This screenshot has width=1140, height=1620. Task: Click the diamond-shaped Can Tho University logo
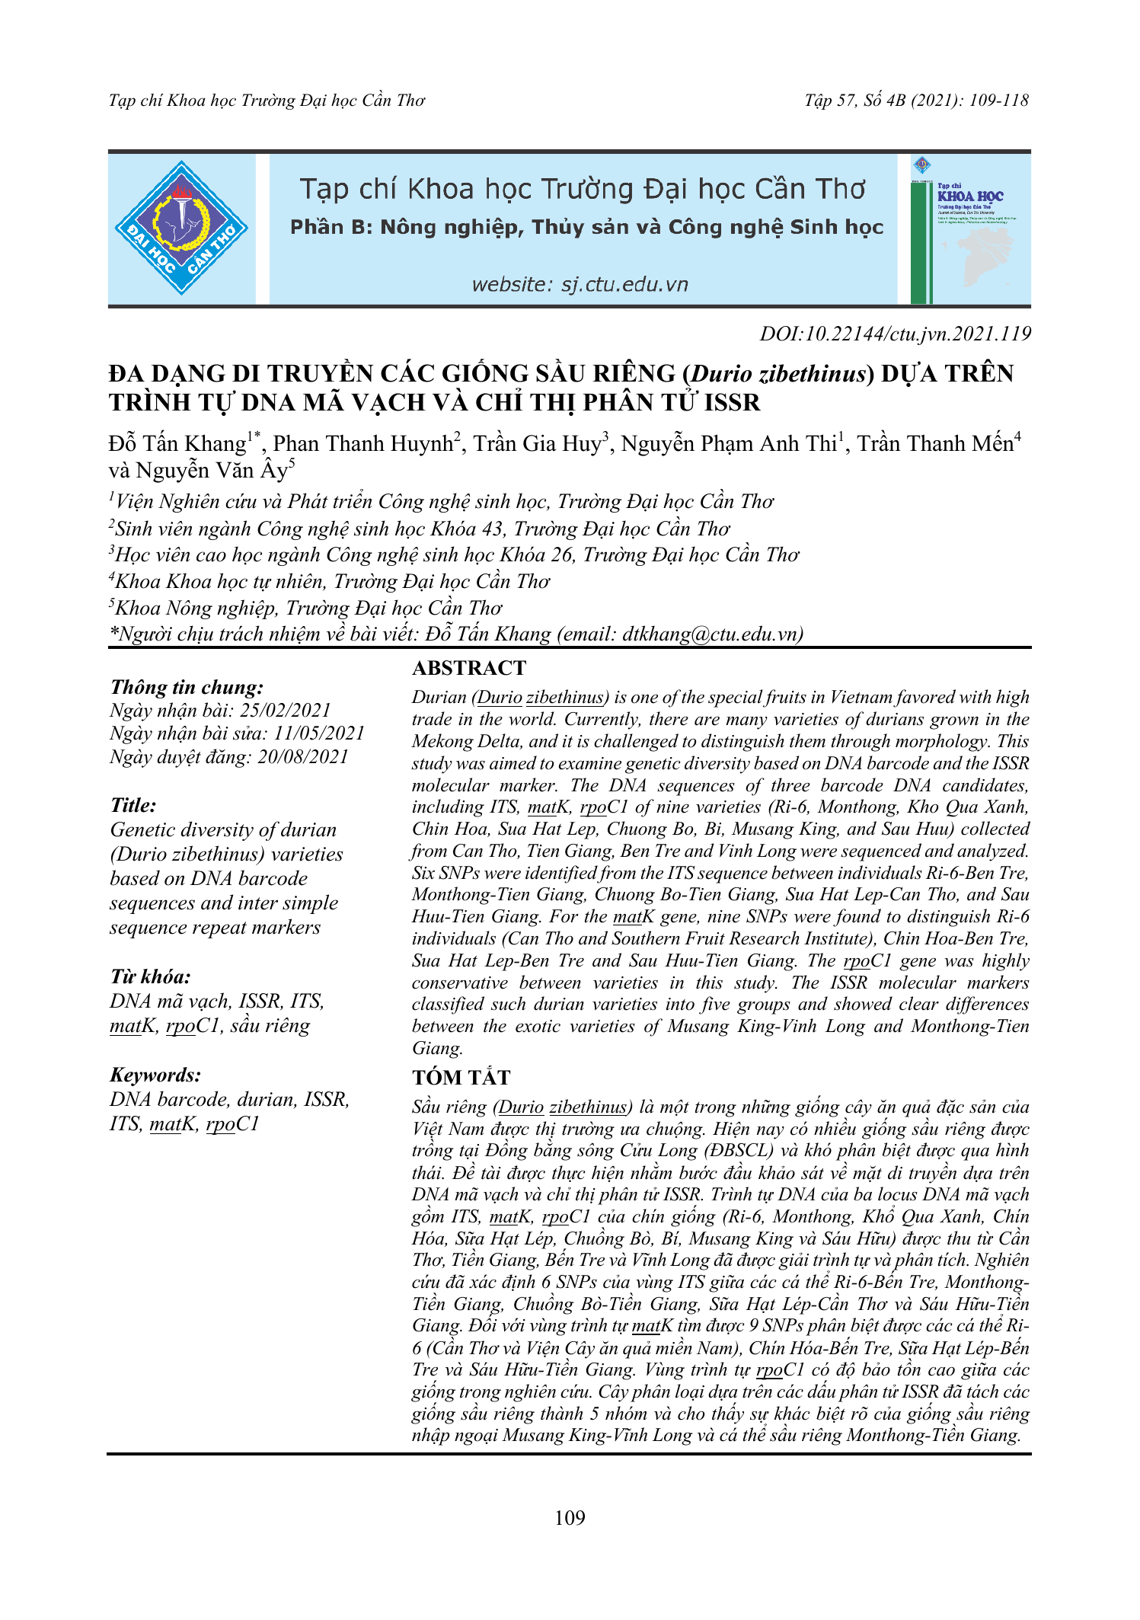181,228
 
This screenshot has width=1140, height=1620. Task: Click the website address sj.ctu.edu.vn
580,285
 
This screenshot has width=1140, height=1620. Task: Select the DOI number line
895,334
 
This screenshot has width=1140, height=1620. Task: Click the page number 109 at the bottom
570,1518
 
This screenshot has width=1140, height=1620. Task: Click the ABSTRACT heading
469,668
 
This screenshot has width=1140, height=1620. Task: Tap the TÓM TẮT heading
461,1077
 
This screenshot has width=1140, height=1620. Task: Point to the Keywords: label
156,1075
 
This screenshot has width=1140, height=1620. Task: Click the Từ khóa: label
151,976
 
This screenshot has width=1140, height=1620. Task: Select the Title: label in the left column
133,805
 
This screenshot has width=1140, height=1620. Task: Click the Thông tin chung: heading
187,687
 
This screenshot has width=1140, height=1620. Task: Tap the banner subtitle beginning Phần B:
586,227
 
